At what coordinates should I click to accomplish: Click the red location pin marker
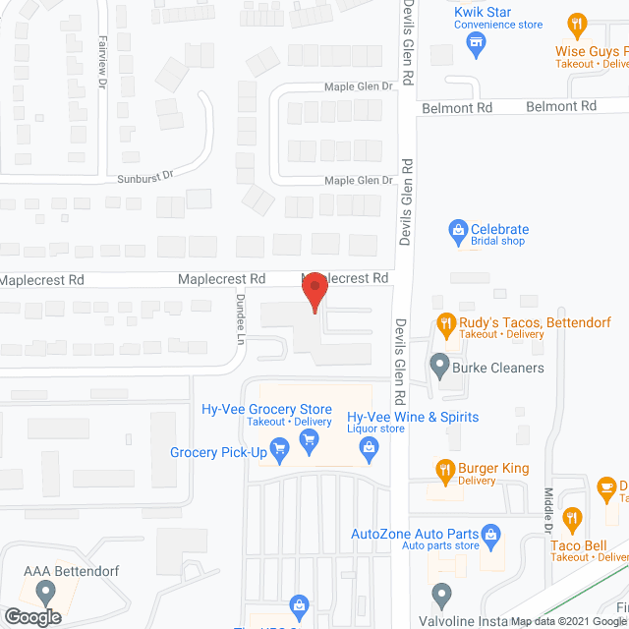click(x=314, y=292)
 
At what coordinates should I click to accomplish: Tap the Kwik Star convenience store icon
click(x=477, y=42)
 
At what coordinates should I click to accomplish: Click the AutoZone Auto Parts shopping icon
click(x=494, y=536)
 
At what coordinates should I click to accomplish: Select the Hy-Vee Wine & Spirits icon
click(x=370, y=449)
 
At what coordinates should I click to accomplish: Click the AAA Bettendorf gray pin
click(x=44, y=593)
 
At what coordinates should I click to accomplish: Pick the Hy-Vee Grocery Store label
click(x=264, y=411)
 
